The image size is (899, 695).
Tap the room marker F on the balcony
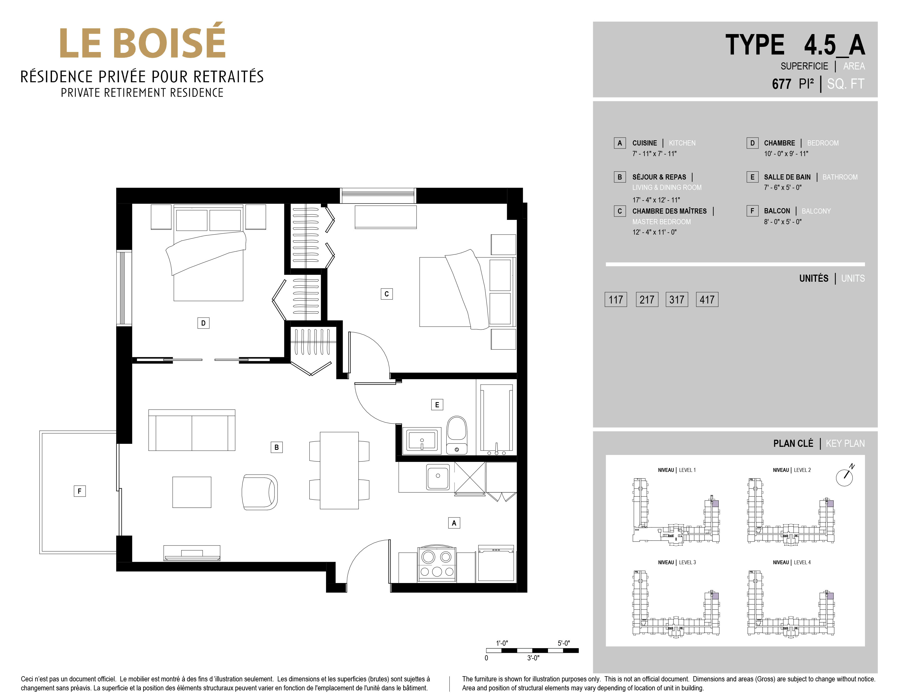[80, 491]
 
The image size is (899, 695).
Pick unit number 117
[616, 299]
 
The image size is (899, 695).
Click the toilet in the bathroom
[457, 435]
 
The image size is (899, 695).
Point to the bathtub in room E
[496, 417]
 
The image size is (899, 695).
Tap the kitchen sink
[438, 477]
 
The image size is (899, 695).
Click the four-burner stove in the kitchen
[437, 565]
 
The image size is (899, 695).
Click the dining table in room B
[339, 470]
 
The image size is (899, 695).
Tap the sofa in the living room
[192, 430]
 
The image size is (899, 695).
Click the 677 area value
[781, 84]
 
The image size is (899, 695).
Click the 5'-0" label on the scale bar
[563, 643]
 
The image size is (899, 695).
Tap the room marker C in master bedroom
[386, 294]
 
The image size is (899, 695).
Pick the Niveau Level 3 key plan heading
[677, 562]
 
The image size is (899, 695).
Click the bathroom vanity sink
[422, 440]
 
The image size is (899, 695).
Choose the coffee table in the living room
[192, 492]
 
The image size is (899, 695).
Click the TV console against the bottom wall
[192, 553]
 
